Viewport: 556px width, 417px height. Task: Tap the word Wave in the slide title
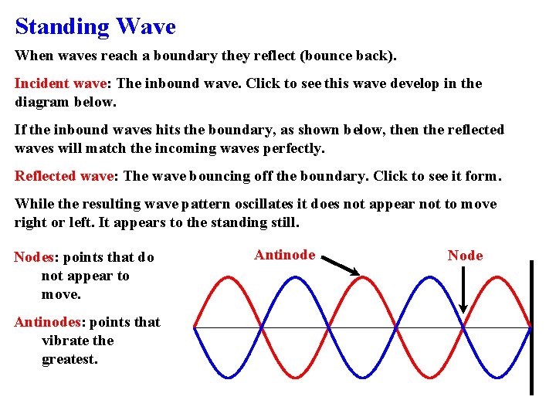146,27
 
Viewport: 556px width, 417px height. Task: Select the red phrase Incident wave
63,83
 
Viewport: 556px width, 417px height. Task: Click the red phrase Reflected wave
64,175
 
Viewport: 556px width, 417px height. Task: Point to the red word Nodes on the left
33,257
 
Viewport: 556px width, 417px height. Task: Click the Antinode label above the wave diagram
284,255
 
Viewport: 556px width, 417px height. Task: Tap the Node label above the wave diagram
465,256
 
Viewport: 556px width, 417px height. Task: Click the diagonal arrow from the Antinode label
340,266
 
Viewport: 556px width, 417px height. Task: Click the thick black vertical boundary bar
531,327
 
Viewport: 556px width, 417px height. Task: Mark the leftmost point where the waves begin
194,327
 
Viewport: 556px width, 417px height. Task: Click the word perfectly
293,147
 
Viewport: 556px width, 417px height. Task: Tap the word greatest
69,359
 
